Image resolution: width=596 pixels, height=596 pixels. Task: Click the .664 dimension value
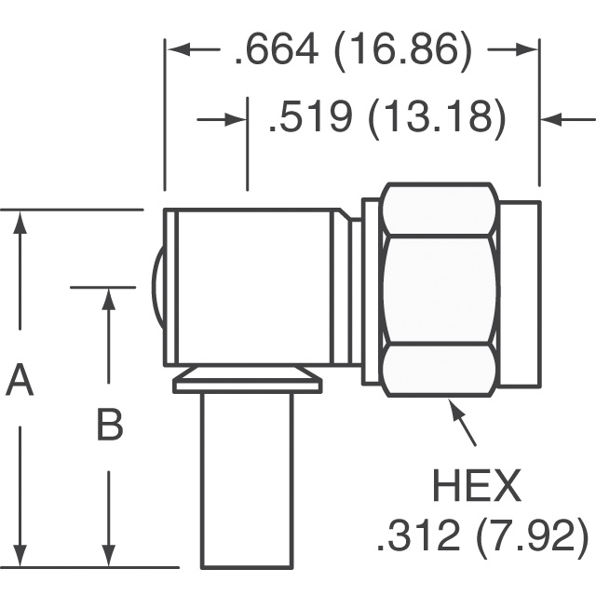click(277, 49)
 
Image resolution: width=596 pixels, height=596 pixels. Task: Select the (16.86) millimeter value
click(403, 51)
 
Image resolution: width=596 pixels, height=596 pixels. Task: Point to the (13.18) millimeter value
click(438, 118)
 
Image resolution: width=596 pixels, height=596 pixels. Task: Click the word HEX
click(477, 486)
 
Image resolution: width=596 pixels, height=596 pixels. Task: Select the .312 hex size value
click(417, 535)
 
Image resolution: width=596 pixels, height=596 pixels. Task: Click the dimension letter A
click(20, 379)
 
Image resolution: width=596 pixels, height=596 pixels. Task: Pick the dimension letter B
click(110, 424)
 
